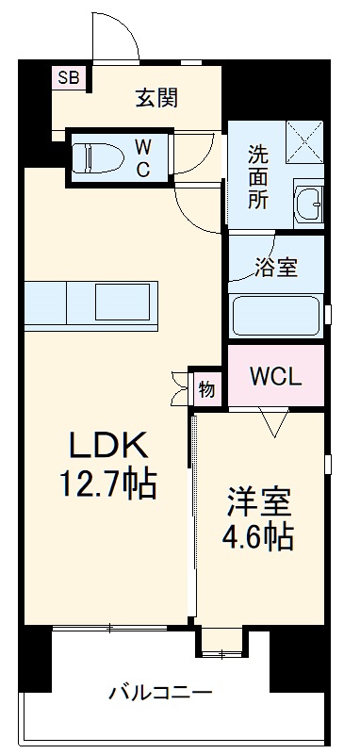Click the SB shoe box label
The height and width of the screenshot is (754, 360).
[69, 77]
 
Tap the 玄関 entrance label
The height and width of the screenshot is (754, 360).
[156, 96]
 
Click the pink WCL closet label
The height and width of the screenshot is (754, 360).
[276, 376]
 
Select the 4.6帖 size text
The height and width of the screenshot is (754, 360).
[257, 537]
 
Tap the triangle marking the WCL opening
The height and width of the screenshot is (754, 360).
[274, 425]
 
